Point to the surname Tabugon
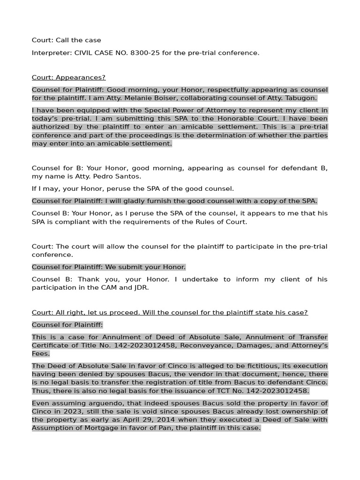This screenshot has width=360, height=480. click(x=300, y=98)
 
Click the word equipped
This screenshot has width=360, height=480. click(x=96, y=111)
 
